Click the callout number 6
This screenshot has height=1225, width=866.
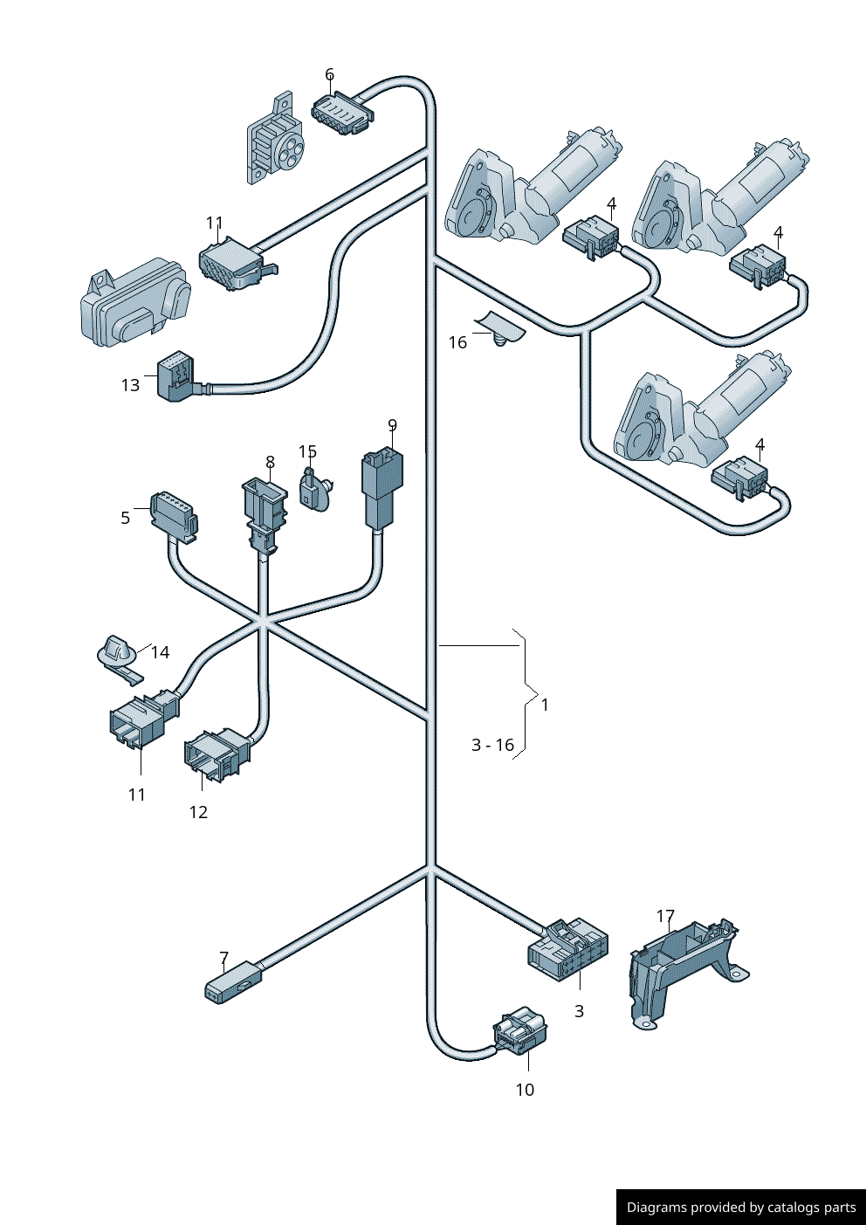329,75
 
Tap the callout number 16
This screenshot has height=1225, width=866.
457,343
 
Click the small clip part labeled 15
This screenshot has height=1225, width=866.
313,491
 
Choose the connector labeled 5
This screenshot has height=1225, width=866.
174,516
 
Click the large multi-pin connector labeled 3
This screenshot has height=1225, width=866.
567,950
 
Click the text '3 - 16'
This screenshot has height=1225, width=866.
492,745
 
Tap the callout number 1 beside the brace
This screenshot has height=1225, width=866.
545,705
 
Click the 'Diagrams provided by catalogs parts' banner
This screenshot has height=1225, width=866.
741,1207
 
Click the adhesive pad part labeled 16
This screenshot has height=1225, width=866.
501,327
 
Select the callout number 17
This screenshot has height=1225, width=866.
665,917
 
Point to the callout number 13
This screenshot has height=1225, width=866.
130,385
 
